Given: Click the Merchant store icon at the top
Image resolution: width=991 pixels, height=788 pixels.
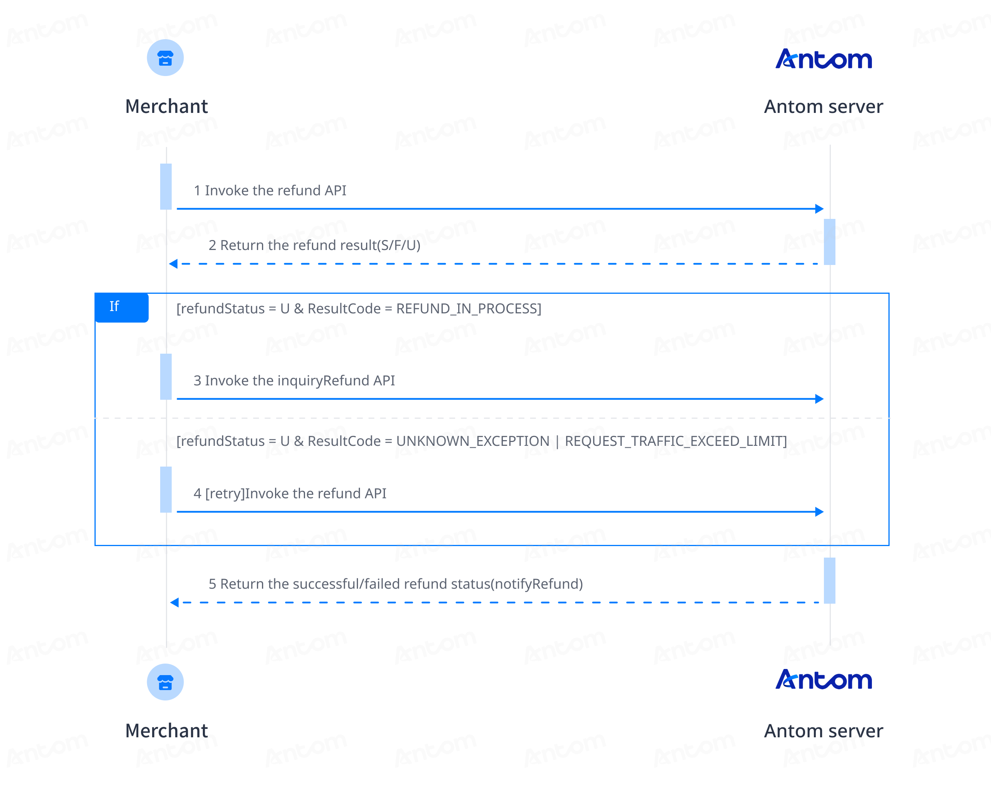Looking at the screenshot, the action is (x=165, y=58).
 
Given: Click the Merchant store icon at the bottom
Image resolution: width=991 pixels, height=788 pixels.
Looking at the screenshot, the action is (x=165, y=682).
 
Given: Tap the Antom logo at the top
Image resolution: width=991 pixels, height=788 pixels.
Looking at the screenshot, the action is (x=824, y=59).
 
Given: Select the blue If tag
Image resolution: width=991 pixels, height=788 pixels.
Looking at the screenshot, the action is (x=121, y=307).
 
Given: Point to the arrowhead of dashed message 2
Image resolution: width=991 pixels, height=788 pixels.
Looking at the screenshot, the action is (x=173, y=264).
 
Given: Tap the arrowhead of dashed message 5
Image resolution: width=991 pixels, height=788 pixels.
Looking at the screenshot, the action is (x=174, y=603).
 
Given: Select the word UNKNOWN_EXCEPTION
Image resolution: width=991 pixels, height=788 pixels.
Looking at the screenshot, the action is (x=472, y=441).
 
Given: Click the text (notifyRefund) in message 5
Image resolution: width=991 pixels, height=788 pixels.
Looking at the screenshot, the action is (x=537, y=584).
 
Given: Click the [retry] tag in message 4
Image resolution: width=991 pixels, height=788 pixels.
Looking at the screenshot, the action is (x=225, y=493).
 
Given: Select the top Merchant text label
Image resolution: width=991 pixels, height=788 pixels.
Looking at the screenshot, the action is (x=166, y=107).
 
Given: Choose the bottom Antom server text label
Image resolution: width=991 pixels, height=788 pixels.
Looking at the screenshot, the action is (x=824, y=731).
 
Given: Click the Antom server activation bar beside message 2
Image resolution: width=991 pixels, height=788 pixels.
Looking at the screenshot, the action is (x=830, y=242).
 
